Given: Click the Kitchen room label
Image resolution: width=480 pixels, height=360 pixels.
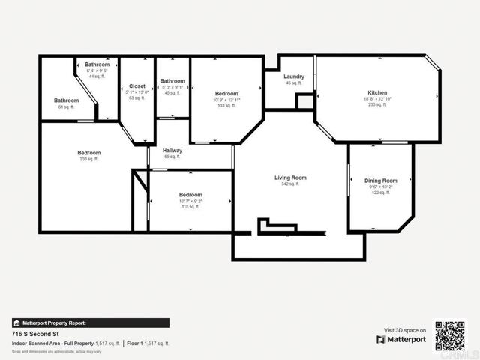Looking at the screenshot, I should point(377,92).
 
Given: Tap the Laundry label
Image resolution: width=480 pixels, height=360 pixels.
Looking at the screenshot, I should point(293,76).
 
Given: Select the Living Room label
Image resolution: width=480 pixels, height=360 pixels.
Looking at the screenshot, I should point(290,178).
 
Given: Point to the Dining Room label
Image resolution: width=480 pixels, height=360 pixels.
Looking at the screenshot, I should point(380,181).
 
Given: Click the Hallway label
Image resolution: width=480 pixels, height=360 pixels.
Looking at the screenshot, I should point(172,151).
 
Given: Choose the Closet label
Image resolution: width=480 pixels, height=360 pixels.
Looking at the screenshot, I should point(137,86).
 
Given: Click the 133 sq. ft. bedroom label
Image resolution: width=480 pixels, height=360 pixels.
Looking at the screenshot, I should point(226,94).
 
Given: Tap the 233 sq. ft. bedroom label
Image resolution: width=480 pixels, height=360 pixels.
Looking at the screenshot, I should point(88,153).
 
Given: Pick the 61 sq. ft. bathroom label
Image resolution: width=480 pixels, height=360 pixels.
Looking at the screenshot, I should point(66,100).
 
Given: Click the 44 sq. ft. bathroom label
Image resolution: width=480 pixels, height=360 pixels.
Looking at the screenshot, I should point(97,64).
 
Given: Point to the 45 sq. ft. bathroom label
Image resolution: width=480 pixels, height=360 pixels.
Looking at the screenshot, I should point(172,81).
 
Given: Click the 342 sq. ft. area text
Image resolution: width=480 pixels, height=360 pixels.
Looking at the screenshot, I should point(290,184).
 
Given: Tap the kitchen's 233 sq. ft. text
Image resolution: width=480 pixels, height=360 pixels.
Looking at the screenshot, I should point(377,105).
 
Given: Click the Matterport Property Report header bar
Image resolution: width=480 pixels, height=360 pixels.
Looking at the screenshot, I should point(90,322).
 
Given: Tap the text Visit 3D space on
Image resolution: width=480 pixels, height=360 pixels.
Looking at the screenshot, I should point(405,330).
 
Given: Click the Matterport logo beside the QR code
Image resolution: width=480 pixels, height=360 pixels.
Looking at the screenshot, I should point(402,339).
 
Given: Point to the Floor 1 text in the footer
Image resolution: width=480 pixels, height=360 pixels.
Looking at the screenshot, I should point(135,342).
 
